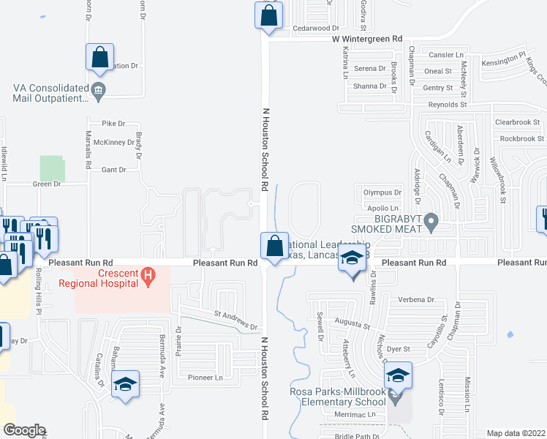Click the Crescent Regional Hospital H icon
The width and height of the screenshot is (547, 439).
pyautogui.click(x=148, y=276)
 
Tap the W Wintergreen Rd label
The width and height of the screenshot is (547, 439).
pyautogui.click(x=367, y=38)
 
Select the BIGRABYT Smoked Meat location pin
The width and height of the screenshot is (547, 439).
pyautogui.click(x=431, y=219)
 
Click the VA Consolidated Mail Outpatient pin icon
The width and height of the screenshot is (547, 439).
pyautogui.click(x=100, y=91)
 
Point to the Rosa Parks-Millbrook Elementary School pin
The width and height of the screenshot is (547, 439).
pyautogui.click(x=396, y=399)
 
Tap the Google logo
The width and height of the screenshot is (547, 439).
pyautogui.click(x=24, y=430)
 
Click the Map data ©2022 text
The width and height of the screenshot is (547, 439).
pyautogui.click(x=516, y=433)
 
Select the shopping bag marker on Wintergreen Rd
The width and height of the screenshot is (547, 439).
pyautogui.click(x=268, y=15)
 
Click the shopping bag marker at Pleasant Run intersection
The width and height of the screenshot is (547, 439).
pyautogui.click(x=274, y=246)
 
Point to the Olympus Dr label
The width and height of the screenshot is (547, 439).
pyautogui.click(x=382, y=193)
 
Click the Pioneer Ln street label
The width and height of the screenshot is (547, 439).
pyautogui.click(x=205, y=378)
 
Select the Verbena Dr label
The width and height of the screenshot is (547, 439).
pyautogui.click(x=417, y=300)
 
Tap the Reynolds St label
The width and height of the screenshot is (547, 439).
pyautogui.click(x=447, y=105)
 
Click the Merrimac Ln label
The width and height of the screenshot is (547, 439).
pyautogui.click(x=359, y=415)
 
